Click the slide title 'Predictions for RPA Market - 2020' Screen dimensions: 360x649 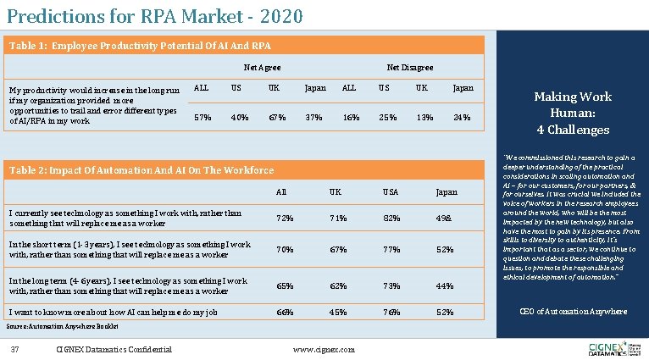[x=153, y=15]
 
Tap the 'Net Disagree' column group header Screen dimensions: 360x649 [x=410, y=67]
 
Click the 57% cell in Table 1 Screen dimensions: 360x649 [x=203, y=117]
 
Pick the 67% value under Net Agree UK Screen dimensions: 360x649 [x=275, y=117]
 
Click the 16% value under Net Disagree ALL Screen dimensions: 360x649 [x=348, y=117]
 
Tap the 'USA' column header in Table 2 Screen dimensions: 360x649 [x=390, y=192]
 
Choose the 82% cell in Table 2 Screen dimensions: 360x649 [x=391, y=219]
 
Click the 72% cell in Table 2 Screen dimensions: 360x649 [x=286, y=219]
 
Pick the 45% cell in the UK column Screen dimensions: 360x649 [x=337, y=313]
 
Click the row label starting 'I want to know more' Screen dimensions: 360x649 [x=112, y=313]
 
